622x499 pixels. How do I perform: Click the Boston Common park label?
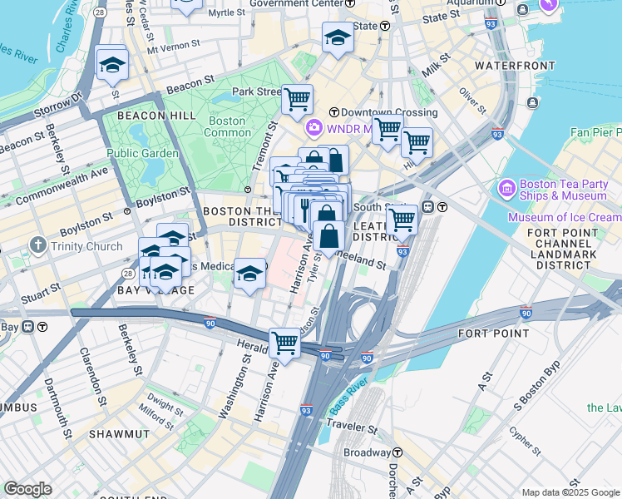(227, 126)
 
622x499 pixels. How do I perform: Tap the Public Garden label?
(142, 153)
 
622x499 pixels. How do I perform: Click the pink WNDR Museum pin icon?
(314, 128)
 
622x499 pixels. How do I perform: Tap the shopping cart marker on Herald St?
(285, 342)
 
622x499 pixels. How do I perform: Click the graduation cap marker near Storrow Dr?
(112, 64)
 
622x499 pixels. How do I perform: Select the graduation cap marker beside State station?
(337, 37)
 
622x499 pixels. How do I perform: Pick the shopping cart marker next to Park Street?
(297, 101)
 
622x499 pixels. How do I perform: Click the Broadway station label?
(367, 452)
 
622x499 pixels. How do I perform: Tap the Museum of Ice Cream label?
(565, 218)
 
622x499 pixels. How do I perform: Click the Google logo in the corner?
(27, 489)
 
